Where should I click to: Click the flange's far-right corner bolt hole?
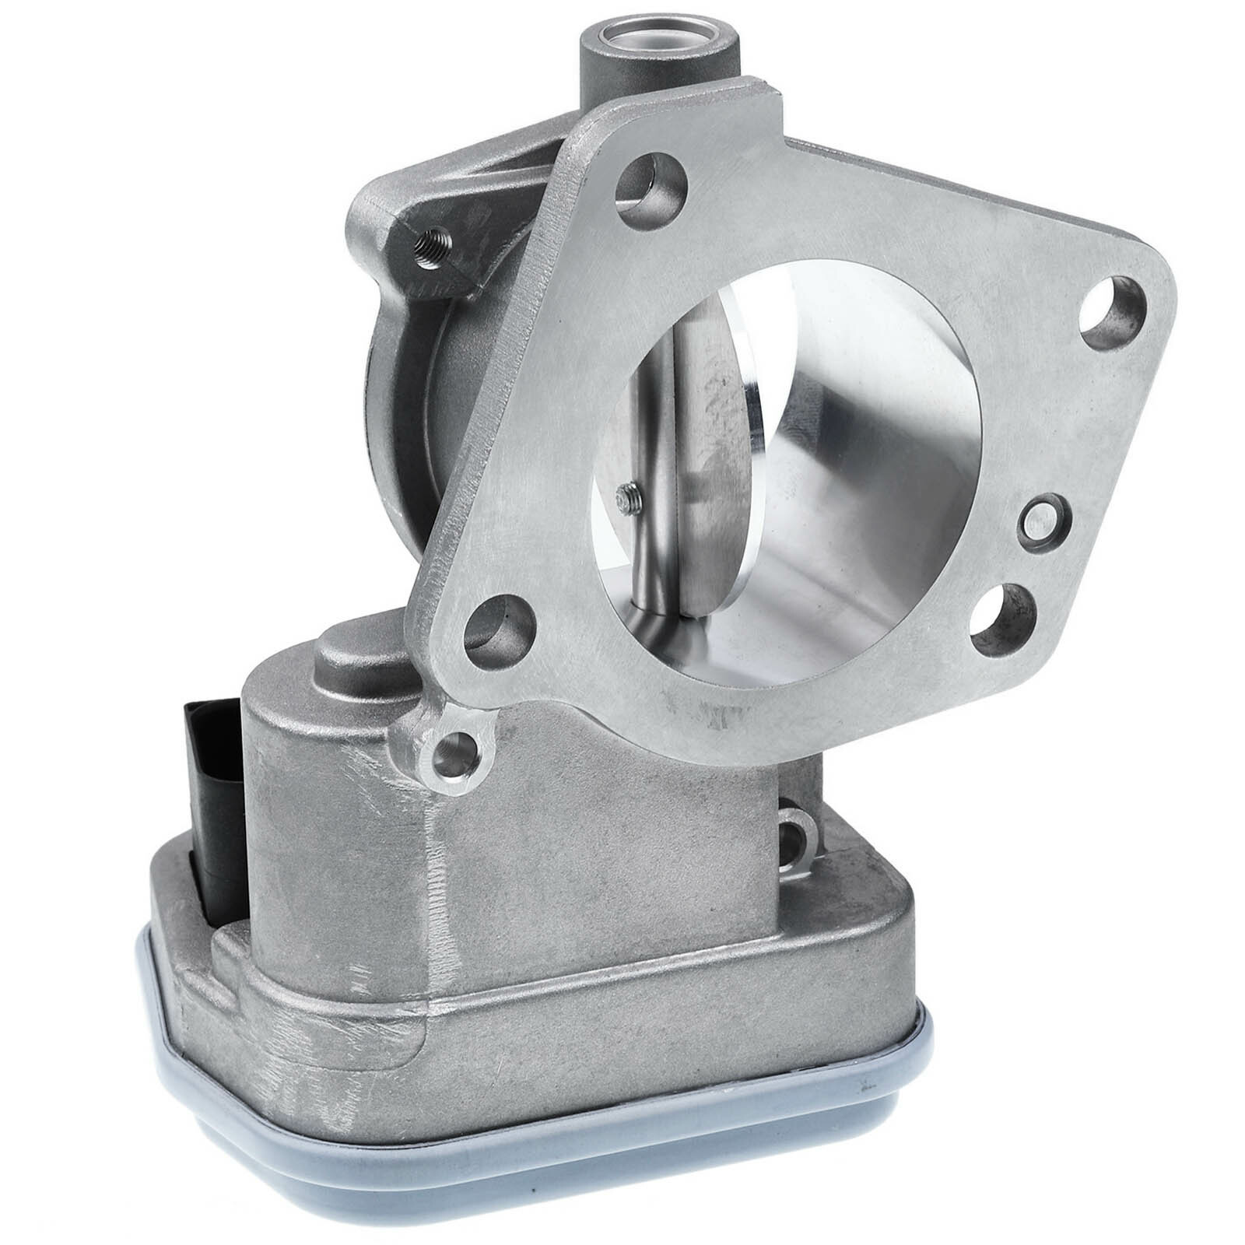1110,319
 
